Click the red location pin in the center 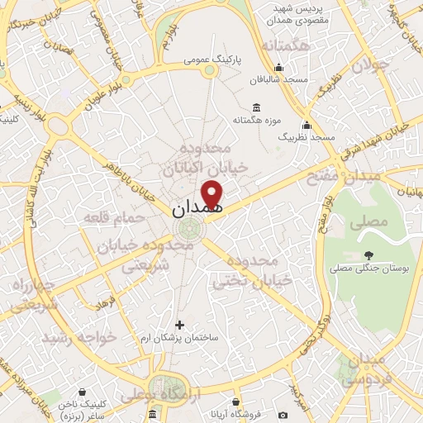(x=214, y=192)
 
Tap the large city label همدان (x=198, y=210)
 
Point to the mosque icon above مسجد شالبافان (x=279, y=69)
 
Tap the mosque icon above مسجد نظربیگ (x=306, y=125)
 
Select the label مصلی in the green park (x=368, y=223)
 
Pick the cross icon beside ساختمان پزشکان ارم (x=180, y=324)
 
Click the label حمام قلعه (x=114, y=218)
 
